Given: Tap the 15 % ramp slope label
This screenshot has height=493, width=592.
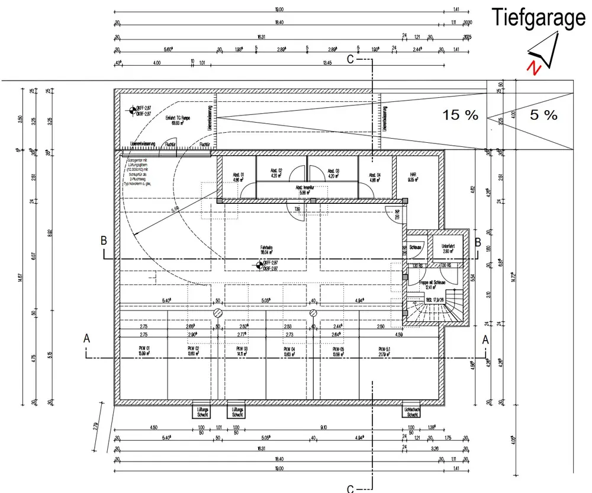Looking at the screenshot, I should point(460,116).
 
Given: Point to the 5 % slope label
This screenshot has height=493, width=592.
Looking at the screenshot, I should point(543,116).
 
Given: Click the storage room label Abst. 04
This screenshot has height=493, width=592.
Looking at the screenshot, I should point(375,176).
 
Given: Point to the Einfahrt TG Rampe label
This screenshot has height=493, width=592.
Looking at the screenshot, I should point(177,120).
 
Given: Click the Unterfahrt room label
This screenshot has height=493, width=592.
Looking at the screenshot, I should point(448,248).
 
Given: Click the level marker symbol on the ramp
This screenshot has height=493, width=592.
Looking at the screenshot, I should point(131,110).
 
